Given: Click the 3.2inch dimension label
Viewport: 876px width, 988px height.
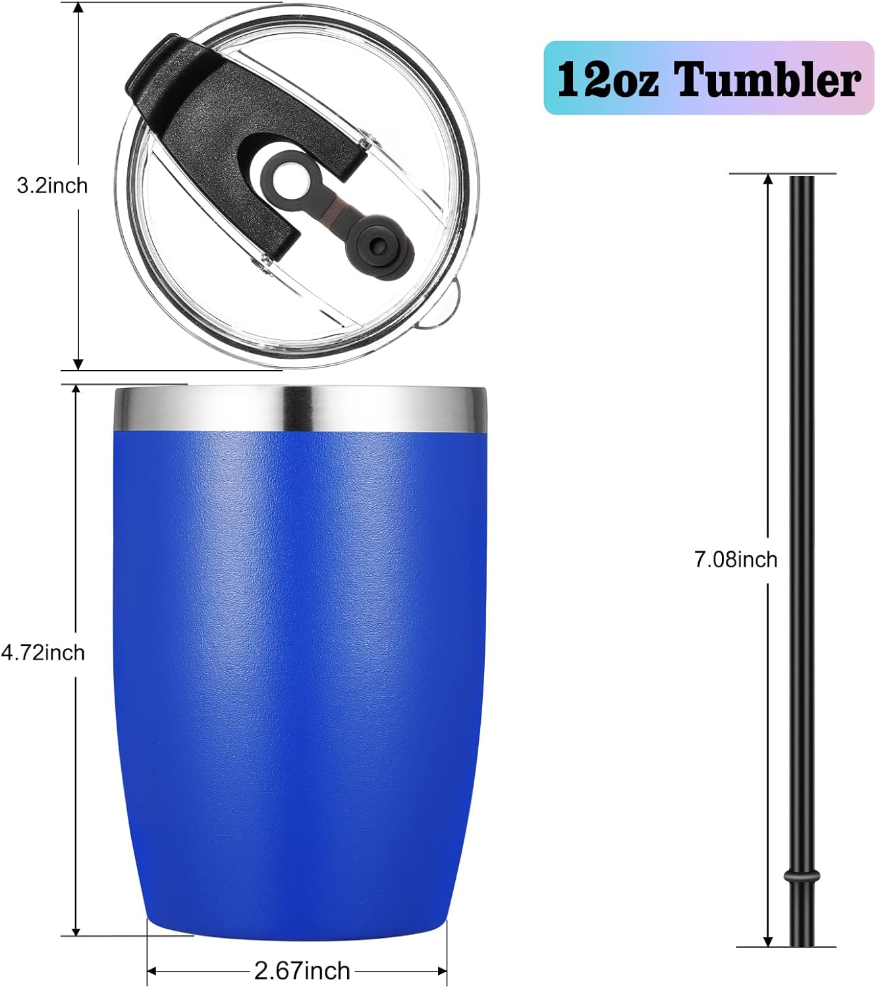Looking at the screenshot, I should point(52,186).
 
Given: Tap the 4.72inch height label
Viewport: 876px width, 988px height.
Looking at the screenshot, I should point(43,652).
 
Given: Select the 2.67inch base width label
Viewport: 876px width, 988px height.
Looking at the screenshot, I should point(302,970).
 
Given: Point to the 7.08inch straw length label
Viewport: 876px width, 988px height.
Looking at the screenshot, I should point(736,559).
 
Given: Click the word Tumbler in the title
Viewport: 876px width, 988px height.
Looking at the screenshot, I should point(769,80).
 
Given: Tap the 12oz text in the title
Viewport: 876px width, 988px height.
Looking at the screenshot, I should point(606,80).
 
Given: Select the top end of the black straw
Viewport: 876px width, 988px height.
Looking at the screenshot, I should point(802,179).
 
